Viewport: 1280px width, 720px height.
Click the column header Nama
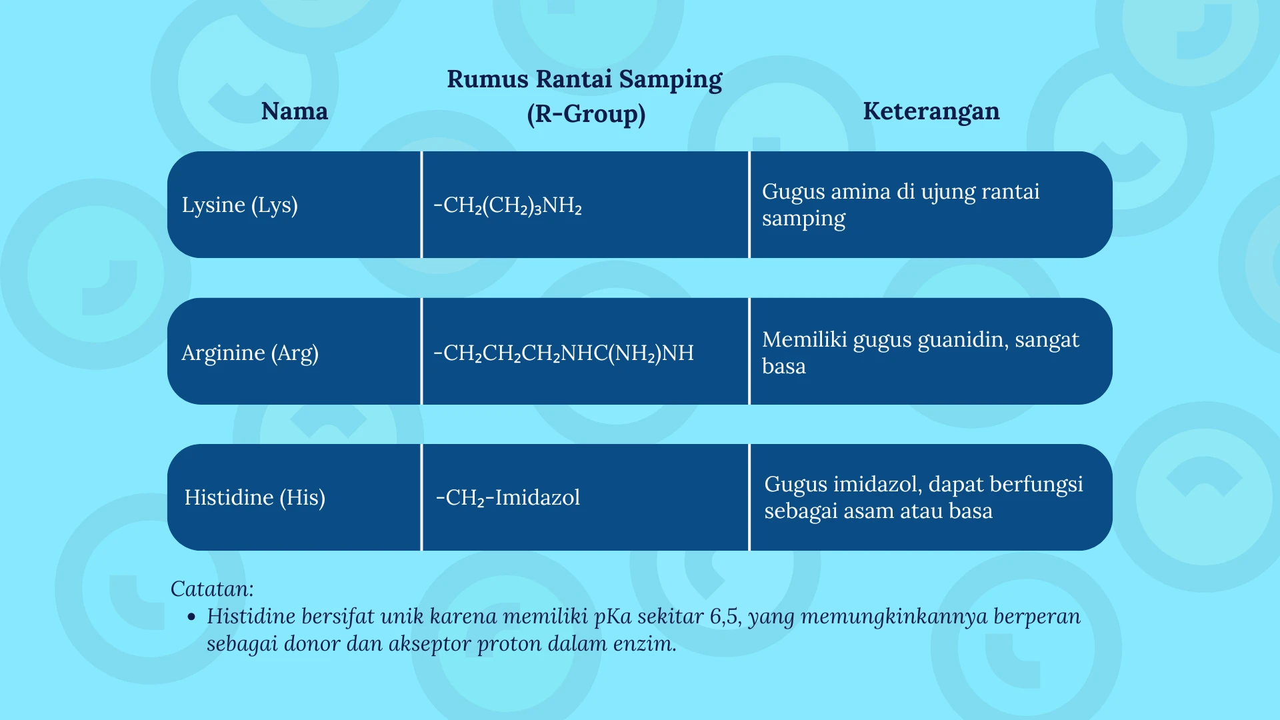[x=295, y=111]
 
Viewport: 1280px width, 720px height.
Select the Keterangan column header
[x=931, y=111]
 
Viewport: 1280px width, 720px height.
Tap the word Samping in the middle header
[x=671, y=80]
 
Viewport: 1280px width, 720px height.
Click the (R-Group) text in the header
[x=586, y=114]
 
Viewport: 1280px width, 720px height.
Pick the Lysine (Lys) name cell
[x=240, y=205]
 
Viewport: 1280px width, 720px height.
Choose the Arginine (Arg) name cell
[x=250, y=353]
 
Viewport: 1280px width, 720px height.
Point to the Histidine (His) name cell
[x=255, y=497]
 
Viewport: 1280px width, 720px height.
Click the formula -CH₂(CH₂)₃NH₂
[x=507, y=205]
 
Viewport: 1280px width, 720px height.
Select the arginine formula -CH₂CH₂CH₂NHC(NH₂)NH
[x=563, y=353]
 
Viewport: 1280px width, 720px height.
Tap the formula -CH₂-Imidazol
[x=507, y=498]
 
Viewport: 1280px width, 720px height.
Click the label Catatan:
[x=212, y=589]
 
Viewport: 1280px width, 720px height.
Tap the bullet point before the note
[x=192, y=617]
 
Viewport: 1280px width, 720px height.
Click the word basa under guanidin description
[x=784, y=367]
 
